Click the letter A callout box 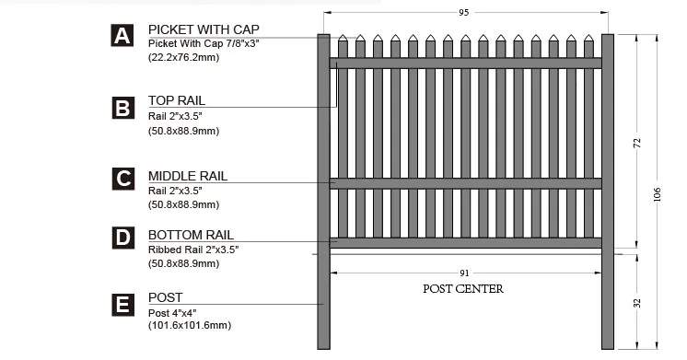(122, 36)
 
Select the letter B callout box (122, 108)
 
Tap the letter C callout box (122, 179)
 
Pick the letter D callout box (122, 238)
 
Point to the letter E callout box (122, 305)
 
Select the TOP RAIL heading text (177, 100)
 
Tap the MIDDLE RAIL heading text (188, 176)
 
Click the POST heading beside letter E (165, 298)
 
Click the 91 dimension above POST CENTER (463, 273)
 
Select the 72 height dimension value (637, 144)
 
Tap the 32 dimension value (637, 303)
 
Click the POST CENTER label (463, 288)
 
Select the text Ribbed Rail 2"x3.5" (190, 250)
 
